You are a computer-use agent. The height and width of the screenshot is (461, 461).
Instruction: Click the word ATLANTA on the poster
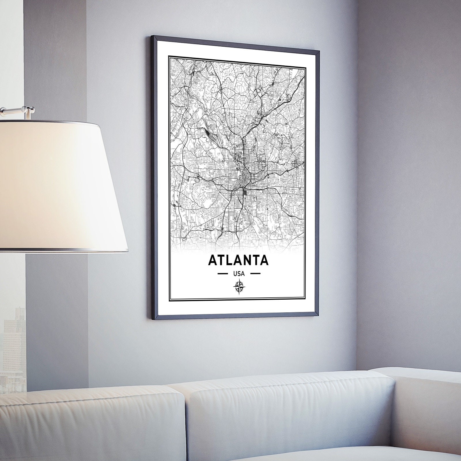click(x=238, y=260)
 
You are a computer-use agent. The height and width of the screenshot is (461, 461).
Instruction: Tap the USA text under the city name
click(x=239, y=273)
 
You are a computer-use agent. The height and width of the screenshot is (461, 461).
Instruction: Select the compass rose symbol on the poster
click(x=239, y=287)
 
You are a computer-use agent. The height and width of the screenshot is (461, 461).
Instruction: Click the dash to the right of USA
click(x=254, y=273)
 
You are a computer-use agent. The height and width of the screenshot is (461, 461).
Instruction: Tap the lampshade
click(x=58, y=184)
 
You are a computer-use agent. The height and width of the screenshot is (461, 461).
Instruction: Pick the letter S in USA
click(x=239, y=273)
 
